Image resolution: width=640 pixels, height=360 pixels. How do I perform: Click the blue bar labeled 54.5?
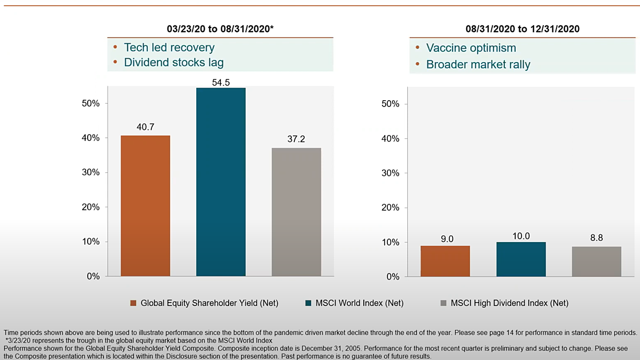[221, 182]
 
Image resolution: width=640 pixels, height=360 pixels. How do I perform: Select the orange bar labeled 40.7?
[146, 206]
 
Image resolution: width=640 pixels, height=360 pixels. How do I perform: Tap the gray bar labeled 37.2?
[297, 212]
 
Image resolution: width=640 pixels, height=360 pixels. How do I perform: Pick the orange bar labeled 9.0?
[445, 261]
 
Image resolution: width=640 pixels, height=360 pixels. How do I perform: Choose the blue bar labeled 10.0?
[521, 259]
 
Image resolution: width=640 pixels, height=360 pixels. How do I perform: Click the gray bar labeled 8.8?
[597, 262]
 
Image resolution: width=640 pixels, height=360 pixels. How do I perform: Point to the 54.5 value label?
[221, 82]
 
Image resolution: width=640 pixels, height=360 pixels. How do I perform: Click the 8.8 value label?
[597, 237]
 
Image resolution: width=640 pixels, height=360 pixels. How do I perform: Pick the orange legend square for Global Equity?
[133, 303]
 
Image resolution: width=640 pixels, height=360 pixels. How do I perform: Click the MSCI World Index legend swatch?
[309, 303]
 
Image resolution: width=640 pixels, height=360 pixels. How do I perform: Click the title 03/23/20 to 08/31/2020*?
[220, 29]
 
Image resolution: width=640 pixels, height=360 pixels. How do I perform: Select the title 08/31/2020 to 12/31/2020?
[523, 29]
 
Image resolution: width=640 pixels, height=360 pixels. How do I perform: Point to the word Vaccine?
[446, 47]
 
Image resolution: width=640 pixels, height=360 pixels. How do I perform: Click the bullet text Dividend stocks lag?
[174, 63]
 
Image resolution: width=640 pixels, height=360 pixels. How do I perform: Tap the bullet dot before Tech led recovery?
[115, 47]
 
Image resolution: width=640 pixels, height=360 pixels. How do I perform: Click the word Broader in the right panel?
[447, 64]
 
